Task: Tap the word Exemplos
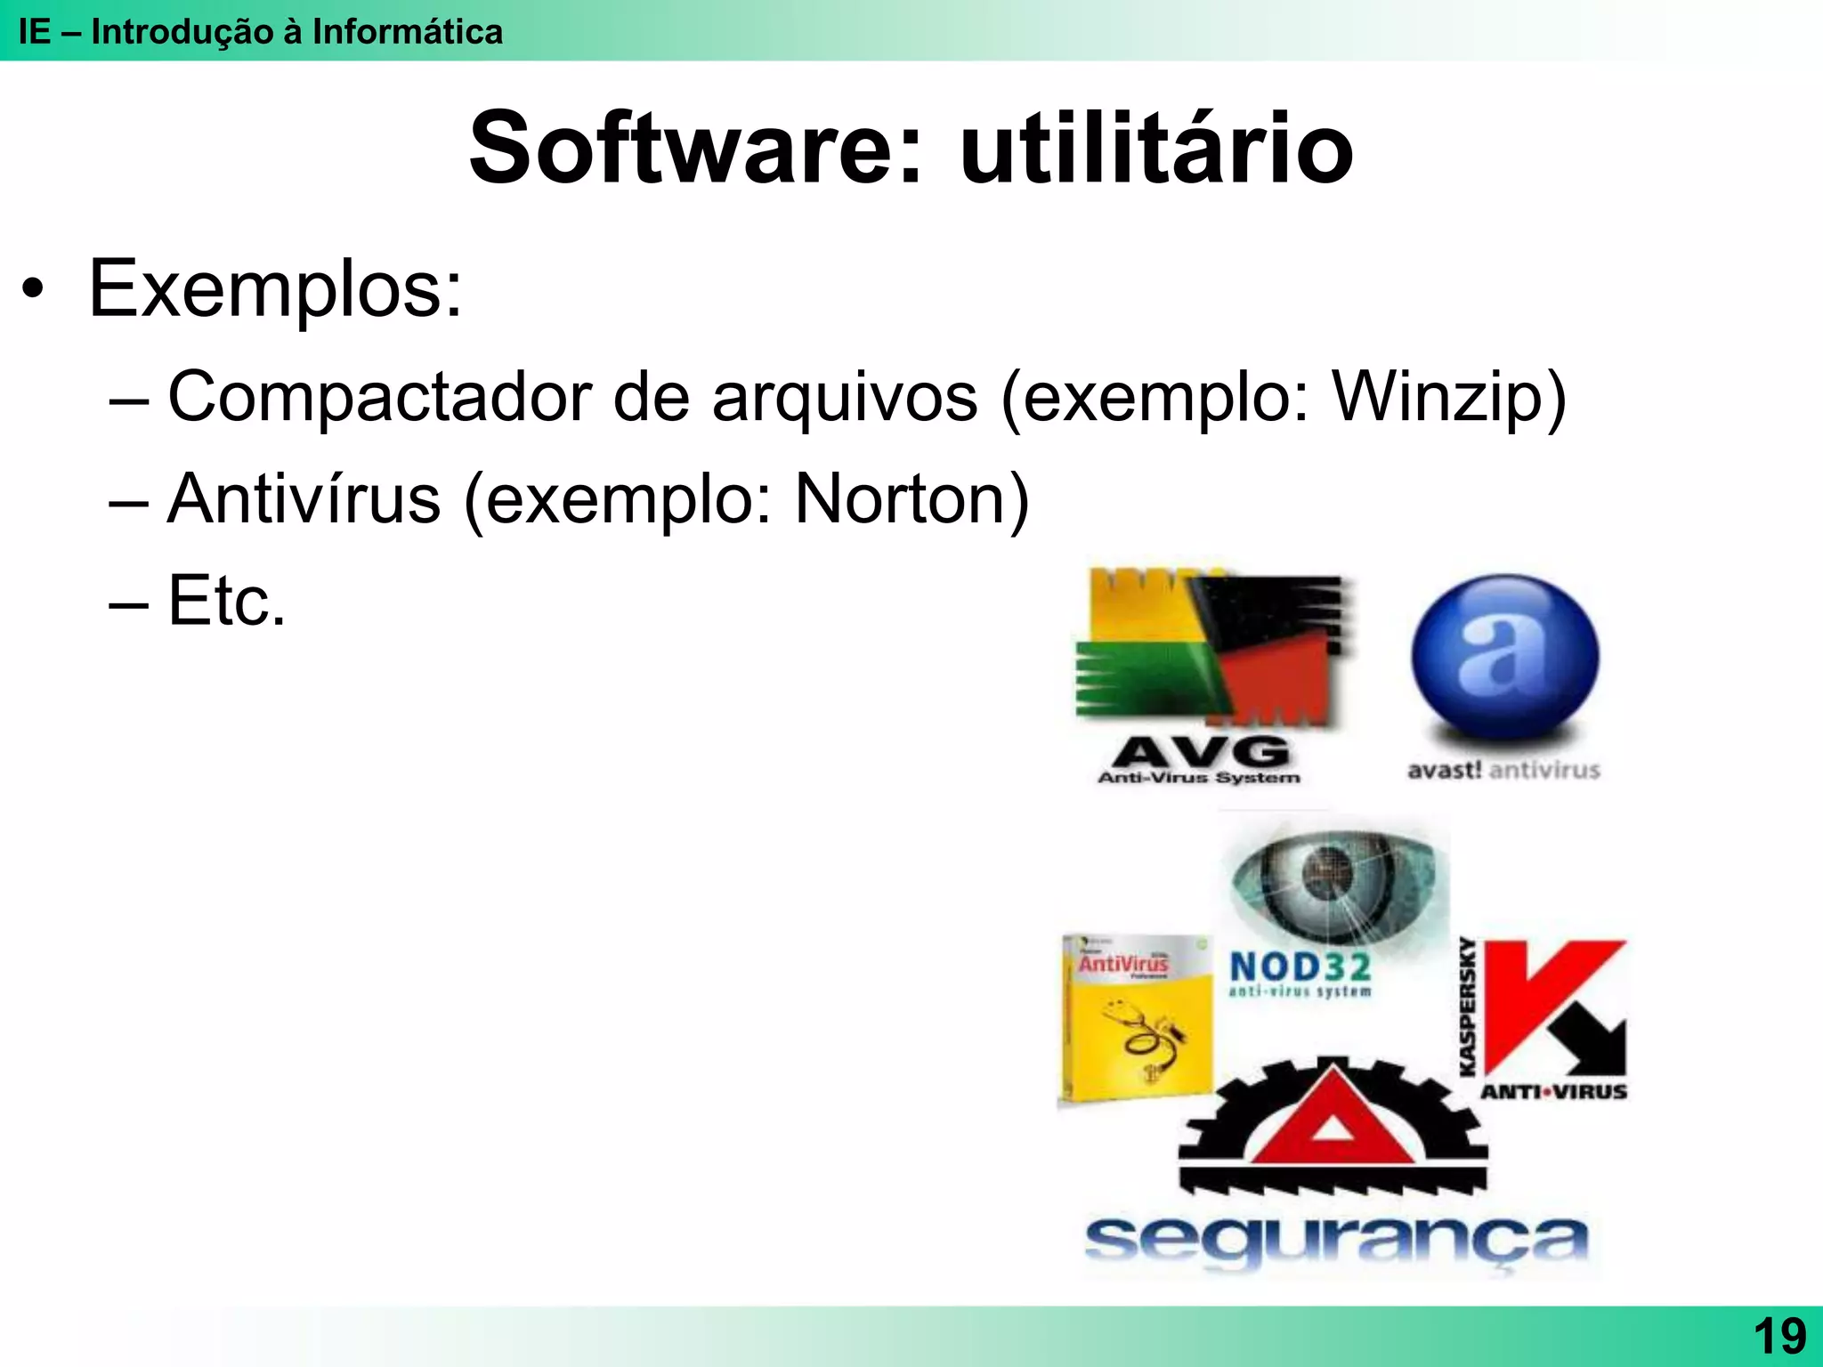pos(275,288)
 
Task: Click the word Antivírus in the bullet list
pos(304,498)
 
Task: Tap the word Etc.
pos(226,602)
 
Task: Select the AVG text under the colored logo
pos(1200,753)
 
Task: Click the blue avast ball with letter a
pos(1504,659)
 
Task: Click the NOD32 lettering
pos(1300,967)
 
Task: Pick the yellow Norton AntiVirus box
pos(1136,1019)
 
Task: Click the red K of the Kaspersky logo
pos(1540,997)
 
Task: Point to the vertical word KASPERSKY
pos(1467,1006)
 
